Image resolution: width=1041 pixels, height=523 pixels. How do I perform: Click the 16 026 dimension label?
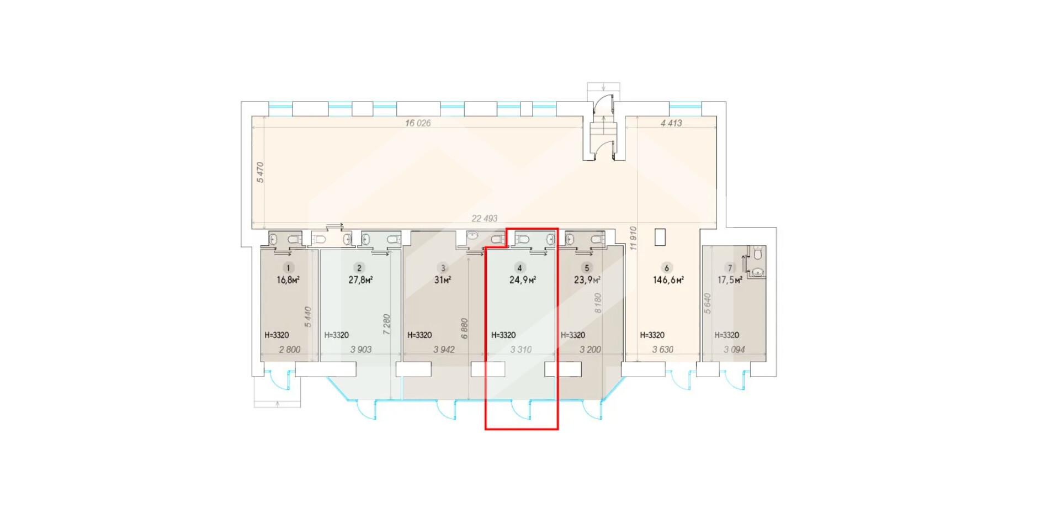click(417, 123)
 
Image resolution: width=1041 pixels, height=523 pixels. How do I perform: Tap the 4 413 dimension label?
click(671, 123)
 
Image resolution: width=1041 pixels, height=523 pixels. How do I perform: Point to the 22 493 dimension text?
click(484, 219)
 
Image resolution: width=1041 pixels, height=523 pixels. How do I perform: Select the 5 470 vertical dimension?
click(261, 172)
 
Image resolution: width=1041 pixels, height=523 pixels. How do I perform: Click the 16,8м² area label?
click(288, 280)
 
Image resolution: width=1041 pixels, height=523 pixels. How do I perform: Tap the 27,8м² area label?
click(360, 280)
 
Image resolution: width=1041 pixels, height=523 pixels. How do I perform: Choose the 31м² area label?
click(443, 280)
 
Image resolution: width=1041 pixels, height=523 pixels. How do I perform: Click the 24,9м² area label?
click(523, 280)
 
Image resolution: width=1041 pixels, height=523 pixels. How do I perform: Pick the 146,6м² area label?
click(668, 280)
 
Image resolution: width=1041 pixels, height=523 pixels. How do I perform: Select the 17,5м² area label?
click(730, 280)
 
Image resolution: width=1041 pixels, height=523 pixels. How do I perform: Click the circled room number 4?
click(519, 268)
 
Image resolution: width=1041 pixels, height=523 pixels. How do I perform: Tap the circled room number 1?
click(288, 268)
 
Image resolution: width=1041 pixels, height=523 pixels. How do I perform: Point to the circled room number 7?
click(730, 268)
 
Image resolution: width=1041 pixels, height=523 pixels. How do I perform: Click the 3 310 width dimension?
click(521, 350)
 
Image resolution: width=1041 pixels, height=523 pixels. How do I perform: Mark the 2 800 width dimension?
click(290, 350)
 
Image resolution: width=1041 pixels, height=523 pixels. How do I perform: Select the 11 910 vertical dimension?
click(633, 239)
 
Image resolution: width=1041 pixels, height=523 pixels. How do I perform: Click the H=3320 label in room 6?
click(652, 335)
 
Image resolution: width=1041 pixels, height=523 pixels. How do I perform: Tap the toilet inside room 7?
click(757, 253)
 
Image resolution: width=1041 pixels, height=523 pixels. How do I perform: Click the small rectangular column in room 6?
click(660, 237)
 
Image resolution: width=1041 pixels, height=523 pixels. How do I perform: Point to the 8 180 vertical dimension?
click(598, 303)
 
